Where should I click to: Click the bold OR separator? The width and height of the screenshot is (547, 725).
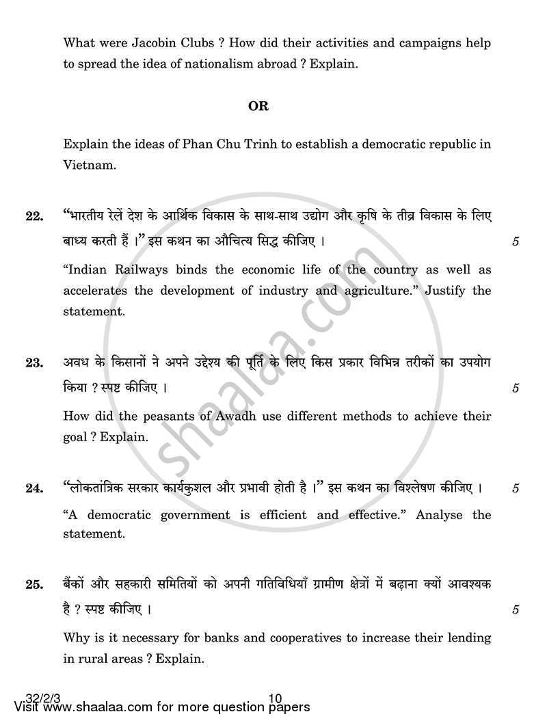point(258,106)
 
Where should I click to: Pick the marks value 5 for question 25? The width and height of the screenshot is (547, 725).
point(516,610)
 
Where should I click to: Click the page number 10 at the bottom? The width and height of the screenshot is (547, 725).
point(276,698)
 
